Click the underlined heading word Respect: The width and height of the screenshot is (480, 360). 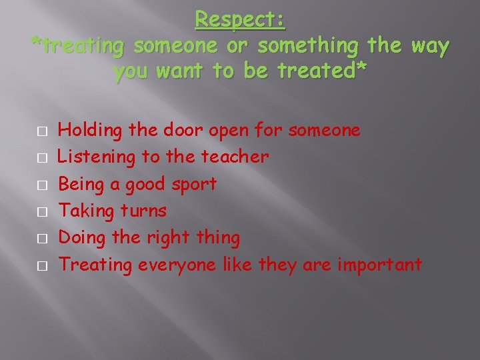(241, 20)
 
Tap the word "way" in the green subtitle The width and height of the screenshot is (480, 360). (429, 46)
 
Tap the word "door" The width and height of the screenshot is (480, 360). (181, 131)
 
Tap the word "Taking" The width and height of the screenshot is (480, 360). (87, 211)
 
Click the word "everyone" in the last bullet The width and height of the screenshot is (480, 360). (177, 265)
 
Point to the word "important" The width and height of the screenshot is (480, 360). (379, 265)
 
